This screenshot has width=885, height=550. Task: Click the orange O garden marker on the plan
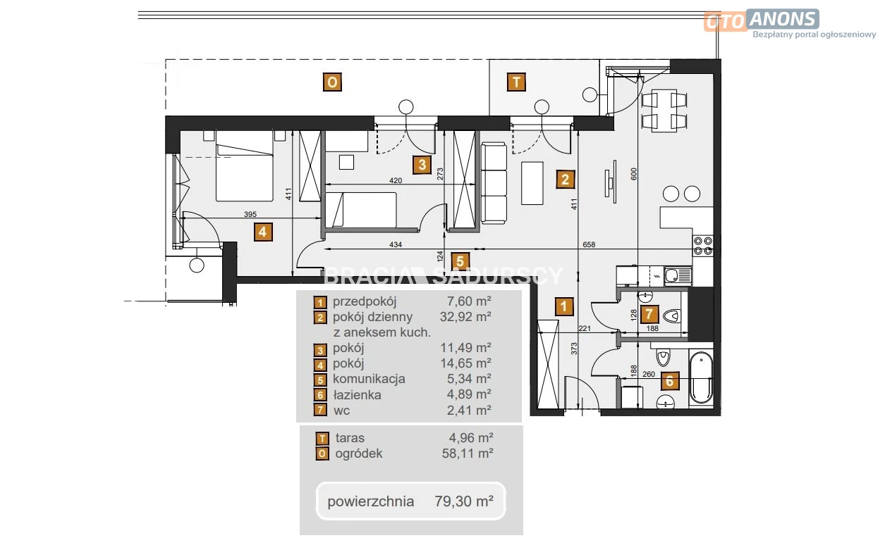pos(332,82)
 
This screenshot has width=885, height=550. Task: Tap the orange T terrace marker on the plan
pos(516,82)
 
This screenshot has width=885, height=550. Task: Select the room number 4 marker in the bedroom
pos(263,232)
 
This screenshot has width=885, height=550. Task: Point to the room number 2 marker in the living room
pos(565,180)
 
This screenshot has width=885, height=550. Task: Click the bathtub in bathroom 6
pos(701,377)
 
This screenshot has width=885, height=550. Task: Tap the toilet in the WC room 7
pos(672,316)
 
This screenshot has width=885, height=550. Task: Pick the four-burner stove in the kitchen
pos(703,245)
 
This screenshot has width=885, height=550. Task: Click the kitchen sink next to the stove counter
pos(678,275)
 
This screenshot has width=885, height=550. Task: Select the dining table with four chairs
pos(664,111)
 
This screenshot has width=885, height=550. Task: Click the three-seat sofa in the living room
pos(494,184)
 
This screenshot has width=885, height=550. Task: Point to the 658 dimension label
pos(589,244)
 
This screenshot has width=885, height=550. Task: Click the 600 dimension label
pos(634,174)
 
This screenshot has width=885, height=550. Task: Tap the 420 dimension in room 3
pos(396,180)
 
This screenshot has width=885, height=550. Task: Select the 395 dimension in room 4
pos(250,214)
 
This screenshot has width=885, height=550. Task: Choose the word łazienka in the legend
pos(357,395)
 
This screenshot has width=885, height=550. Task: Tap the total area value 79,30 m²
pos(464,501)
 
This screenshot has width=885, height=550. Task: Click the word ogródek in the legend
pos(359,454)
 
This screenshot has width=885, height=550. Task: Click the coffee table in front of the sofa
pos(532,183)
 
